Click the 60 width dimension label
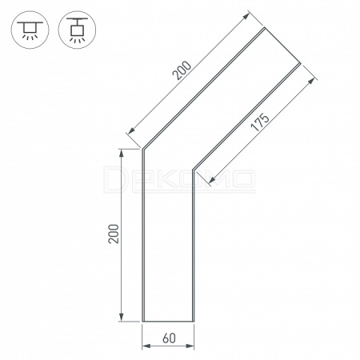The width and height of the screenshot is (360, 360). (169, 338)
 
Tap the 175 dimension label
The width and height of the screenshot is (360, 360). (260, 122)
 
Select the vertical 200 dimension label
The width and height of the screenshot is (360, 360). (114, 234)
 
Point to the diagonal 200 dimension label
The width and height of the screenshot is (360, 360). (182, 70)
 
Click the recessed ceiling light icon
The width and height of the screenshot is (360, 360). (30, 30)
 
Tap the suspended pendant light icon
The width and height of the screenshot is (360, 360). (77, 30)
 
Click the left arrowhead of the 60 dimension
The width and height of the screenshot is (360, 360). (146, 346)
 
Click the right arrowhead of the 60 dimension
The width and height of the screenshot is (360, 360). (190, 346)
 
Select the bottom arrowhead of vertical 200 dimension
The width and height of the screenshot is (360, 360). (122, 318)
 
